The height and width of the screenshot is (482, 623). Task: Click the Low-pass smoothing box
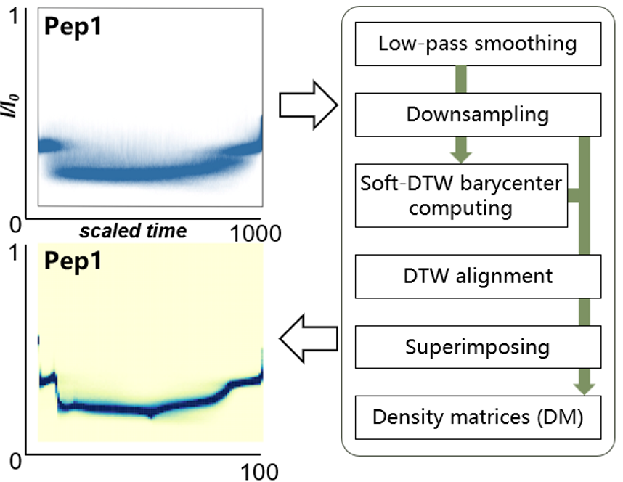click(x=477, y=43)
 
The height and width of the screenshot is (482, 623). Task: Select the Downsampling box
click(x=477, y=115)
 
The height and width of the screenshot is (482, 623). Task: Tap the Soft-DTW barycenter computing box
click(x=461, y=195)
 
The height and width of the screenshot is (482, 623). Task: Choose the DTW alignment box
click(x=477, y=276)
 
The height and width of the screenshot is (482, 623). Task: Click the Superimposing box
click(x=477, y=346)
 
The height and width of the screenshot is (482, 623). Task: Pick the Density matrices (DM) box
click(x=477, y=417)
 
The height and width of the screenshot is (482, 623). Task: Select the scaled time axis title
click(x=133, y=231)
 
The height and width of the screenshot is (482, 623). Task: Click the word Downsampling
click(x=477, y=115)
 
